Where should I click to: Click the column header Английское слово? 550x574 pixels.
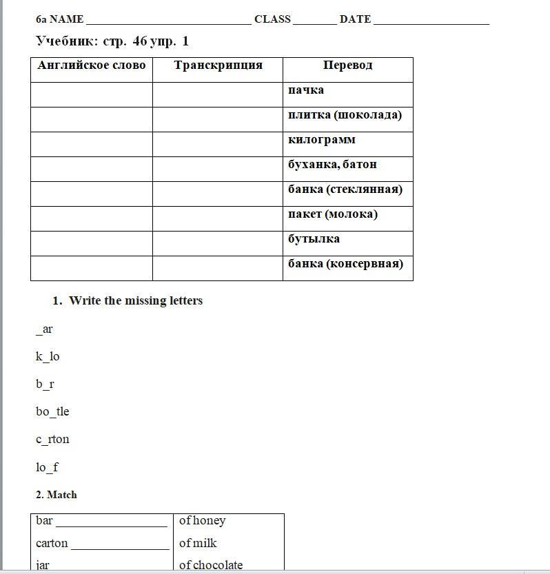(x=92, y=65)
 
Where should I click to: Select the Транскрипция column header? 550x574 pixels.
(x=218, y=65)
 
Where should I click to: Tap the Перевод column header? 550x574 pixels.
(x=347, y=65)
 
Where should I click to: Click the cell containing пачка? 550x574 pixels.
(x=306, y=90)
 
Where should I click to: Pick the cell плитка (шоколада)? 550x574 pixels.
(x=345, y=115)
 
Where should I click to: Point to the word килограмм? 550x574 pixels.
(x=322, y=140)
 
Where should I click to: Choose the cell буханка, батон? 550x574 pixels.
(x=332, y=165)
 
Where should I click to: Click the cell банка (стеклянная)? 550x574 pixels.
(x=345, y=189)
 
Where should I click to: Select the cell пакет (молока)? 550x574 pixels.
(x=333, y=214)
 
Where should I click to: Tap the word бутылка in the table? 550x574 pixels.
(x=314, y=239)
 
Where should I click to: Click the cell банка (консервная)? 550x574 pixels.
(x=345, y=264)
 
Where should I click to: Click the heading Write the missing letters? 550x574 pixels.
(x=135, y=300)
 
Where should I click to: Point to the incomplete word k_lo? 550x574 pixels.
(x=48, y=356)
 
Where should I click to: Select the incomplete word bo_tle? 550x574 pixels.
(x=52, y=411)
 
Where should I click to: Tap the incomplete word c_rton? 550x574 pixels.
(x=52, y=439)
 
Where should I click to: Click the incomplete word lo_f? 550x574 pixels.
(x=47, y=467)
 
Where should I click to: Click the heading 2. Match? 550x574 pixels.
(x=57, y=495)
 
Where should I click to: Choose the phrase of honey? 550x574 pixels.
(x=202, y=521)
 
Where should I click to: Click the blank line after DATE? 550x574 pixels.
(x=431, y=21)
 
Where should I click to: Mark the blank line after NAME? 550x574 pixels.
(x=168, y=21)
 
